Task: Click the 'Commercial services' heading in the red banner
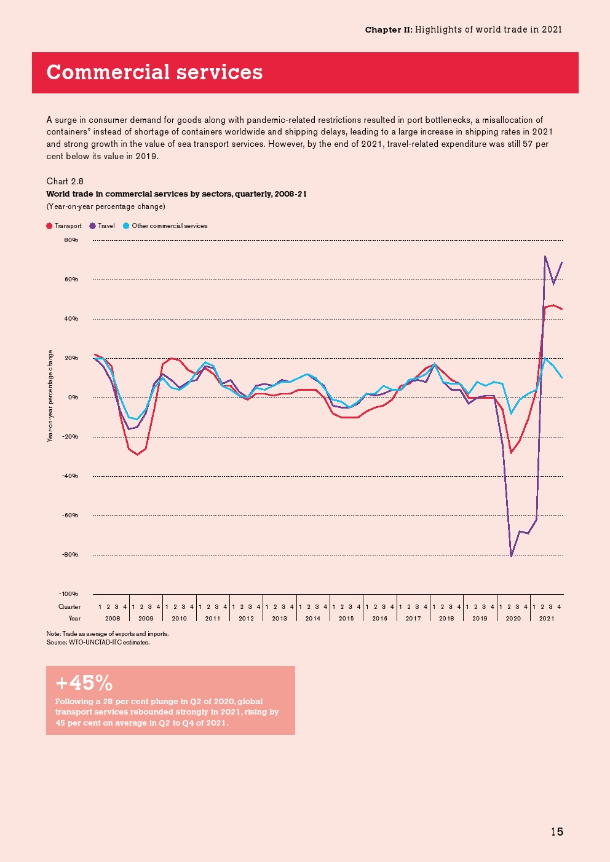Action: tap(154, 72)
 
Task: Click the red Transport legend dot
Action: tap(49, 226)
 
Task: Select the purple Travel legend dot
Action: tap(92, 226)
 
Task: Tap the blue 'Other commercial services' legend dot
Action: tap(126, 226)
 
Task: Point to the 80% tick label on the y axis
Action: tap(71, 240)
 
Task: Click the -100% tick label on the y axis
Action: tap(69, 594)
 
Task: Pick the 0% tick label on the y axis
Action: tap(73, 398)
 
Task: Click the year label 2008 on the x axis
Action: tap(113, 619)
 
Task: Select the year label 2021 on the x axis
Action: tap(547, 619)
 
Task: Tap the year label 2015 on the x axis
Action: tap(346, 619)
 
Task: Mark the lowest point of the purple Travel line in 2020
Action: tap(511, 556)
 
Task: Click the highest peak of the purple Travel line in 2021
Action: tap(545, 256)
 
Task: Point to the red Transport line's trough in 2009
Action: tap(137, 455)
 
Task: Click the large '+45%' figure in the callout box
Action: tap(84, 683)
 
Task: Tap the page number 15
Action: tap(557, 832)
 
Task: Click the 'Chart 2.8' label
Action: tap(65, 181)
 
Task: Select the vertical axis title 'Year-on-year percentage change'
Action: tap(50, 396)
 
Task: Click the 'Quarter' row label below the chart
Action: tap(69, 607)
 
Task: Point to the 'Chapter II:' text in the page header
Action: tap(388, 29)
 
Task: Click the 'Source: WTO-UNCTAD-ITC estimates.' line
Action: tap(98, 643)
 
